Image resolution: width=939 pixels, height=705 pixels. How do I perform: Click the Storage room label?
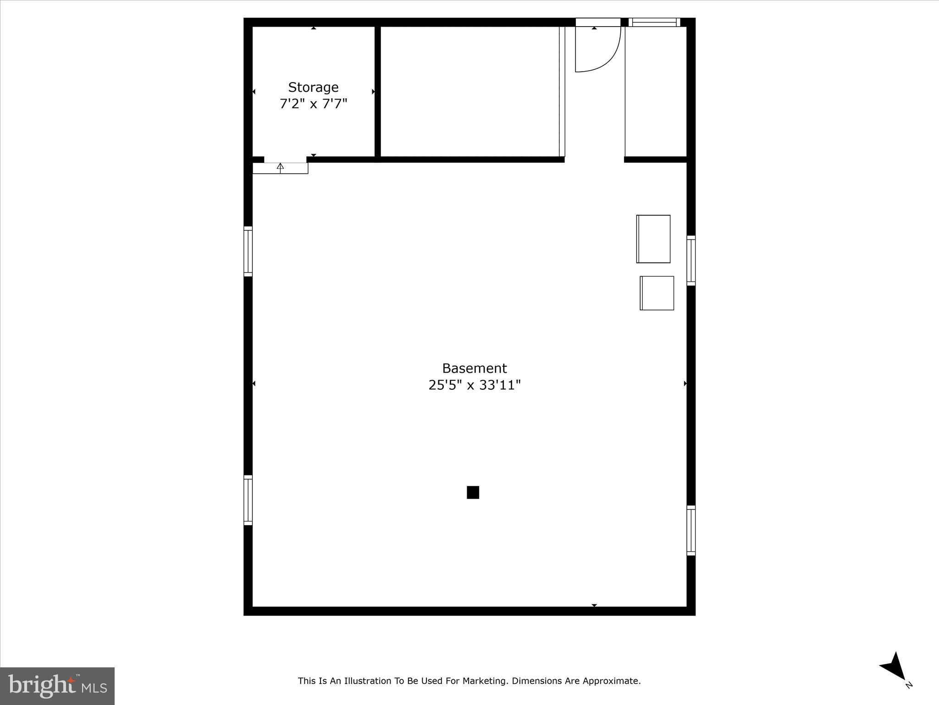point(313,87)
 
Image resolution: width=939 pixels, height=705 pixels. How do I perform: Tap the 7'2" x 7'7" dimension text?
point(313,104)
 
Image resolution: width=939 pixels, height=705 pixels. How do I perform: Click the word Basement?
point(474,368)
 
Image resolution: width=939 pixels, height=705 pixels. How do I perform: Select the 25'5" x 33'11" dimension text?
point(474,385)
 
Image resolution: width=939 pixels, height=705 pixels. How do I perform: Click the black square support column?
point(473,492)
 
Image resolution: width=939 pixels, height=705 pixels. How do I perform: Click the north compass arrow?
point(894,667)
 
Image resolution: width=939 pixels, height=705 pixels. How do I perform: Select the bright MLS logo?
point(57,686)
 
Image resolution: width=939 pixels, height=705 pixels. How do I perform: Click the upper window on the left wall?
point(248,251)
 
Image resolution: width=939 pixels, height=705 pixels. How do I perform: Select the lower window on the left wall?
point(248,500)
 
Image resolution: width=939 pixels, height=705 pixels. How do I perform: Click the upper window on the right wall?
point(691,260)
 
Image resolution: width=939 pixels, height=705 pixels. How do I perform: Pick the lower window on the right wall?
point(691,530)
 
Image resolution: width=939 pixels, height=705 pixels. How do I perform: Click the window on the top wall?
point(654,22)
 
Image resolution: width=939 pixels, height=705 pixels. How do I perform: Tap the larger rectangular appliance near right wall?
point(653,239)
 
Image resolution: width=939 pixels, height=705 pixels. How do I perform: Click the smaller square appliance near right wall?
point(657,293)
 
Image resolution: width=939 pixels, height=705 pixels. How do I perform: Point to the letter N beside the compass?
point(909,685)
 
